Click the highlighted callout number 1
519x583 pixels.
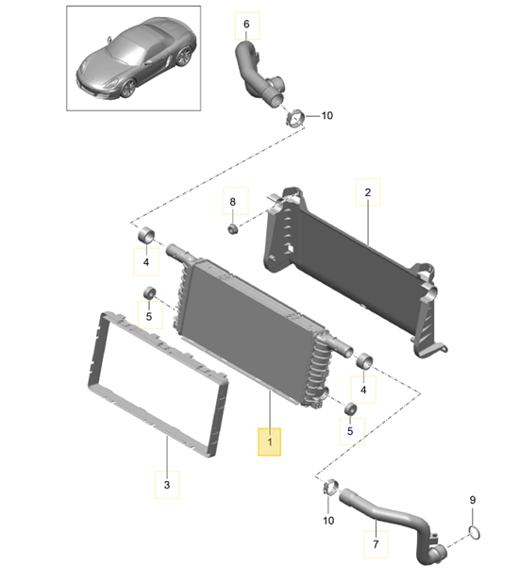pos(270,441)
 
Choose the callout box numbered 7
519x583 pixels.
pos(375,544)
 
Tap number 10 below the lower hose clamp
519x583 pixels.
pos(329,520)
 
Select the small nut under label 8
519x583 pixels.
pos(232,227)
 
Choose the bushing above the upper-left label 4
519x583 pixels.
pos(147,234)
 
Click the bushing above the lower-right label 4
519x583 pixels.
pos(362,360)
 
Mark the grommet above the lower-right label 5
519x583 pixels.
pos(349,408)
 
